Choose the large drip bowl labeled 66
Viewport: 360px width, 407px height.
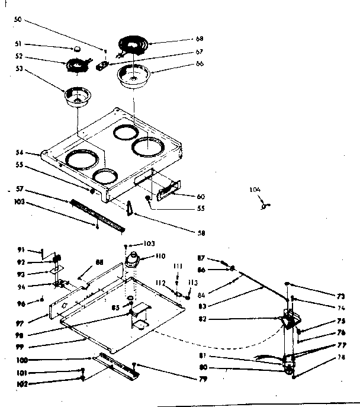coord(134,76)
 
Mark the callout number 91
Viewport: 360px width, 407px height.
coord(19,249)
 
